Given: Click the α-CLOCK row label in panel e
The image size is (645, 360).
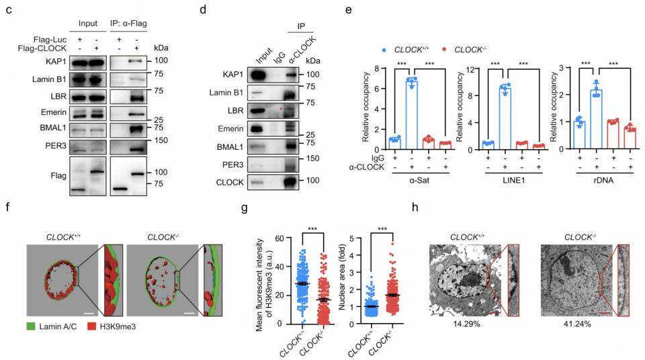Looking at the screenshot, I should [x=359, y=167].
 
